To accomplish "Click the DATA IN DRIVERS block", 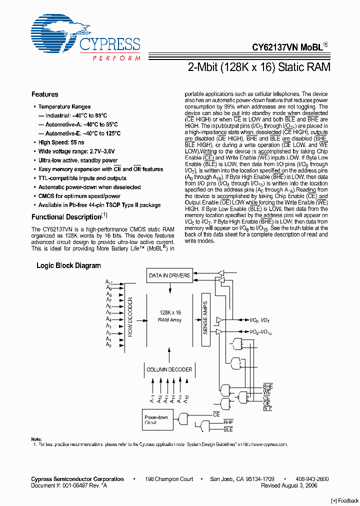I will point(169,275).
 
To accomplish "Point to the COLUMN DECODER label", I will point(169,369).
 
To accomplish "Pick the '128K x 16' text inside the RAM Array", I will point(170,312).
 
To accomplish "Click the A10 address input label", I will point(108,282).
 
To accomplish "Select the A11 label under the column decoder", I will point(152,398).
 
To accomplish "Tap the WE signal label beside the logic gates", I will point(267,392).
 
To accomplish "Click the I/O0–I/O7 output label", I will point(260,320).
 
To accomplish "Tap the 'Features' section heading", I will point(44,94).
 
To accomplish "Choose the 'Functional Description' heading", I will point(66,217).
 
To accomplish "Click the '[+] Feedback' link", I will point(345,501).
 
